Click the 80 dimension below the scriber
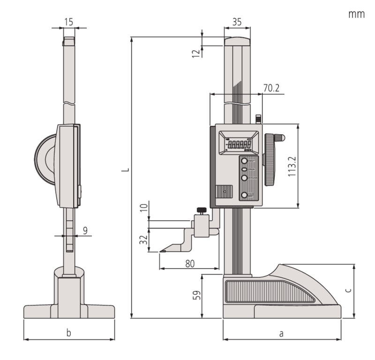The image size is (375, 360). click(x=189, y=264)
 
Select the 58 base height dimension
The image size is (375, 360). click(x=197, y=296)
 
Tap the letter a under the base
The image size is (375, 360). click(x=281, y=334)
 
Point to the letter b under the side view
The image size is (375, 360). click(x=68, y=334)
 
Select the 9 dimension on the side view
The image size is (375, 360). click(x=85, y=230)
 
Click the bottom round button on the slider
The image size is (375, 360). click(x=244, y=195)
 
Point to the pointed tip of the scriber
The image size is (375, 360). click(x=160, y=253)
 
